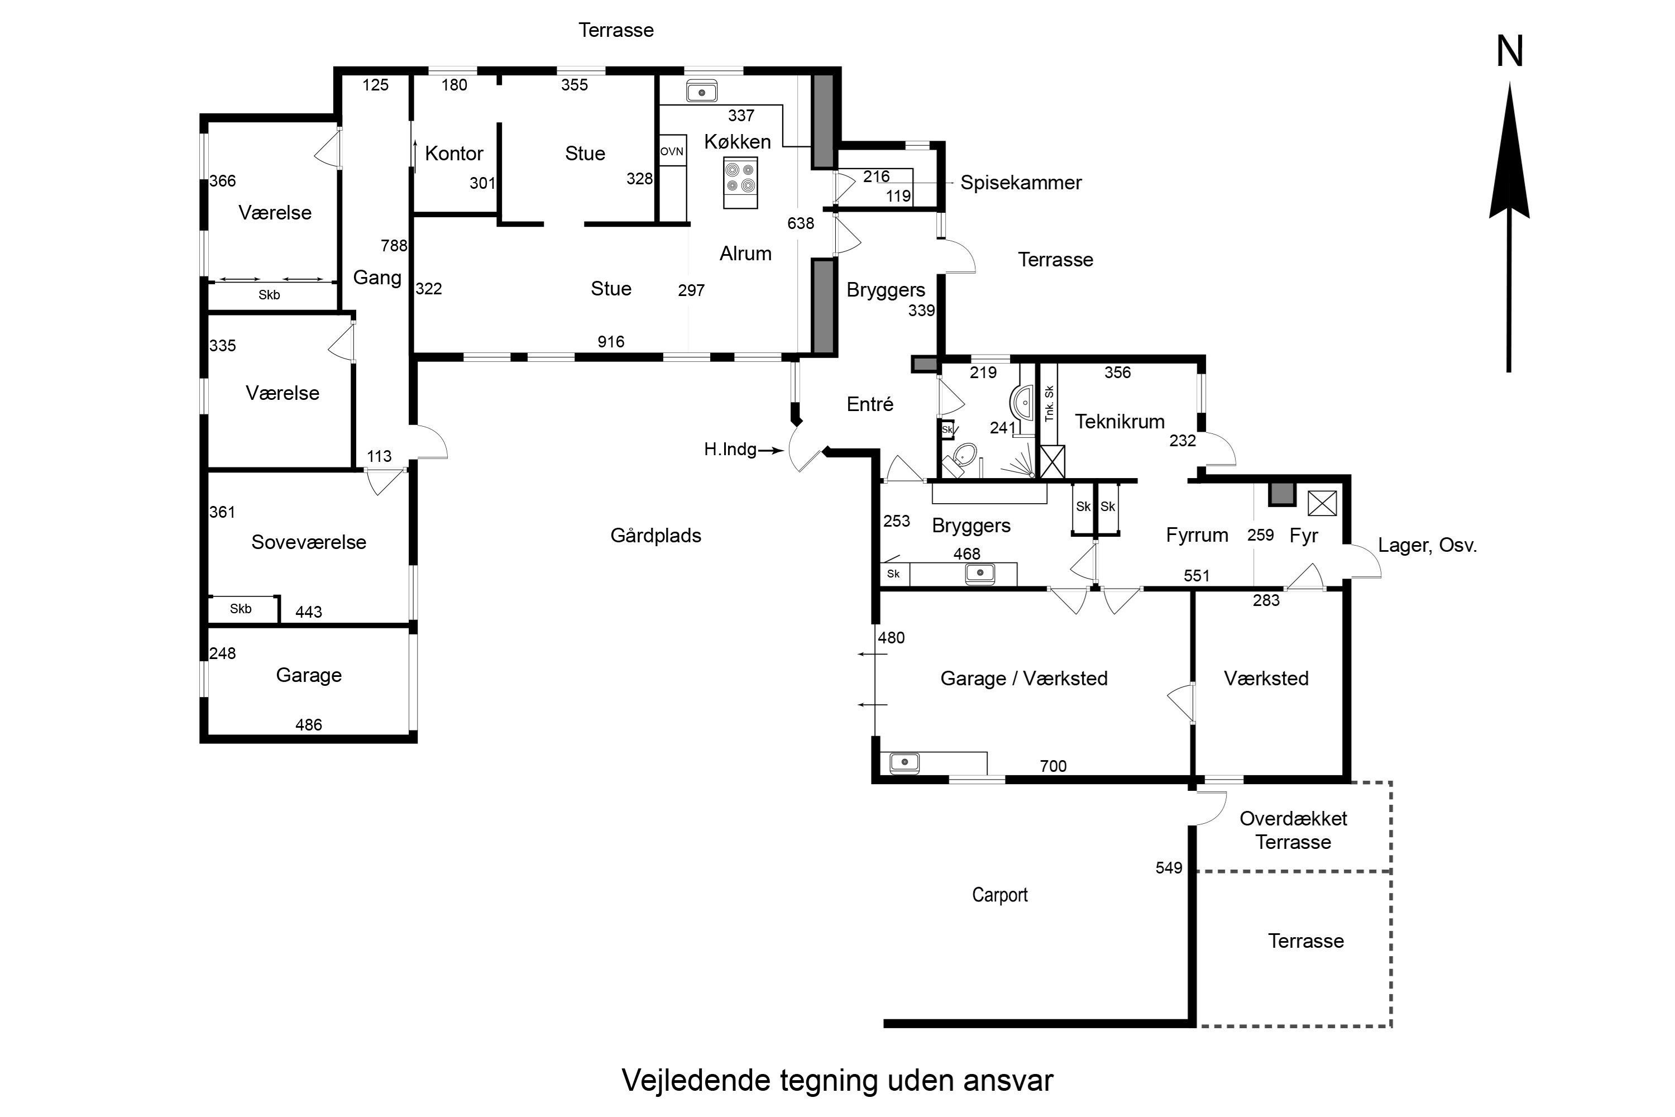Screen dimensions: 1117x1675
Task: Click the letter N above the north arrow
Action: pyautogui.click(x=1509, y=52)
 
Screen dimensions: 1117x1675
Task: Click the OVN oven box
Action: pyautogui.click(x=672, y=151)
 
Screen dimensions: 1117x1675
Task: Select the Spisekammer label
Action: pyautogui.click(x=1021, y=183)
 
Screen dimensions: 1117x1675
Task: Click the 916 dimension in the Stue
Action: pyautogui.click(x=610, y=342)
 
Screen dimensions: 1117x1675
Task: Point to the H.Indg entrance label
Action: pyautogui.click(x=730, y=450)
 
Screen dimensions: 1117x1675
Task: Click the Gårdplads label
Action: pyautogui.click(x=655, y=536)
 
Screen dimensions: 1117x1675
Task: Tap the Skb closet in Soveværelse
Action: pyautogui.click(x=241, y=609)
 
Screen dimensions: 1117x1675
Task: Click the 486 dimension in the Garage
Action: pyautogui.click(x=308, y=725)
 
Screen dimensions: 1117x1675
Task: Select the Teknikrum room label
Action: pyautogui.click(x=1119, y=422)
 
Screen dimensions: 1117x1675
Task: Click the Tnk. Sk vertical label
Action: pyautogui.click(x=1049, y=404)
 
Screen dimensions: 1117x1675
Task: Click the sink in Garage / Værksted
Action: pyautogui.click(x=904, y=763)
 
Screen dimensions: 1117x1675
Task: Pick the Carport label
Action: pyautogui.click(x=999, y=895)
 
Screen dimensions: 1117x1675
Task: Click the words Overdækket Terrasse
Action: pyautogui.click(x=1293, y=830)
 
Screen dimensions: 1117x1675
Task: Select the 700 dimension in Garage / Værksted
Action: pyautogui.click(x=1052, y=766)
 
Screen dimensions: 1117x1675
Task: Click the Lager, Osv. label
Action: pyautogui.click(x=1427, y=546)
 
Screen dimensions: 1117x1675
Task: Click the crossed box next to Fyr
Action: pyautogui.click(x=1322, y=504)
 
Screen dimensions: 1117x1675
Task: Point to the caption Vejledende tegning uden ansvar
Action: pyautogui.click(x=837, y=1081)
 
